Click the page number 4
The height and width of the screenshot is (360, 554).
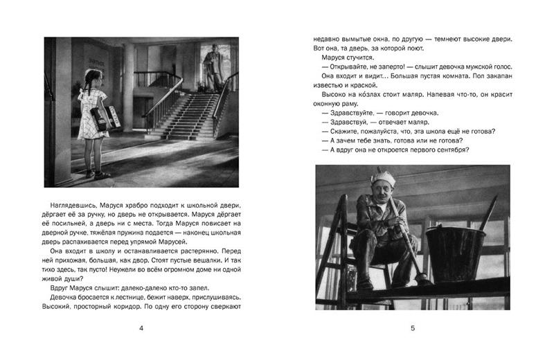[x=141, y=329]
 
